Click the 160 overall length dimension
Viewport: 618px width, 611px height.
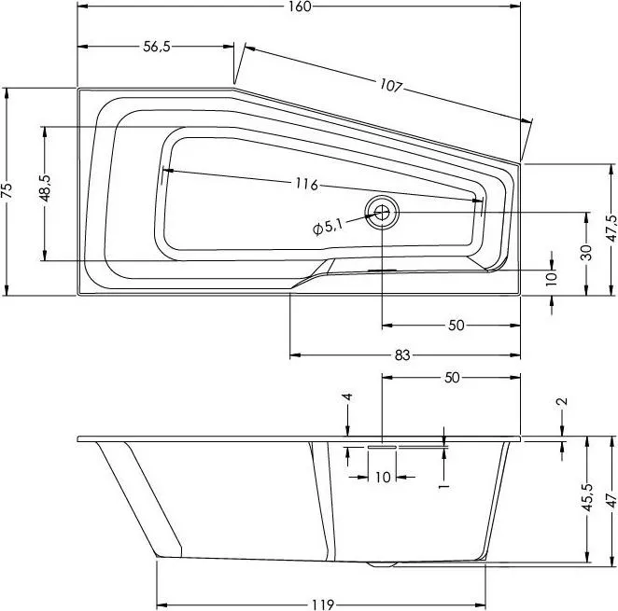pyautogui.click(x=300, y=7)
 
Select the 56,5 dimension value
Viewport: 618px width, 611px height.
pyautogui.click(x=157, y=47)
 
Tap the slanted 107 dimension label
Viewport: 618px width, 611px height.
pyautogui.click(x=390, y=86)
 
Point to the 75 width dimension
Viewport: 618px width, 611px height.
pyautogui.click(x=7, y=190)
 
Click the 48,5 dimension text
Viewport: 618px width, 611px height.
pyautogui.click(x=45, y=188)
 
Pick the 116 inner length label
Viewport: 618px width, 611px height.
pyautogui.click(x=306, y=185)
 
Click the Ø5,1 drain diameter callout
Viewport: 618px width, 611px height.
pyautogui.click(x=328, y=228)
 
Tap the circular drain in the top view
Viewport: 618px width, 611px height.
pyautogui.click(x=382, y=213)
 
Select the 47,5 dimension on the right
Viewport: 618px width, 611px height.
pyautogui.click(x=611, y=229)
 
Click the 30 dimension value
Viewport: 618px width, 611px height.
pyautogui.click(x=586, y=253)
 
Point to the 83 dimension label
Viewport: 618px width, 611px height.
pyautogui.click(x=402, y=355)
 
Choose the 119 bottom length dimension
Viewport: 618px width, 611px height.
pyautogui.click(x=323, y=604)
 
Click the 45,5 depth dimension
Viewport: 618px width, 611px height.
pyautogui.click(x=587, y=497)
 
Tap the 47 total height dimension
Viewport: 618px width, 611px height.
pyautogui.click(x=611, y=500)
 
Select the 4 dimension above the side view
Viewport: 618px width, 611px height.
pyautogui.click(x=347, y=396)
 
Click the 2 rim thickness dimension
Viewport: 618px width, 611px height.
pyautogui.click(x=563, y=401)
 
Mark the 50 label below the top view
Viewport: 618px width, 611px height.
pyautogui.click(x=456, y=326)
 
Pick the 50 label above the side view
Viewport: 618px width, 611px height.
pyautogui.click(x=452, y=378)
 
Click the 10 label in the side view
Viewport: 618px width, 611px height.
pyautogui.click(x=383, y=477)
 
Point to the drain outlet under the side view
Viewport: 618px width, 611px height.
pyautogui.click(x=382, y=563)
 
